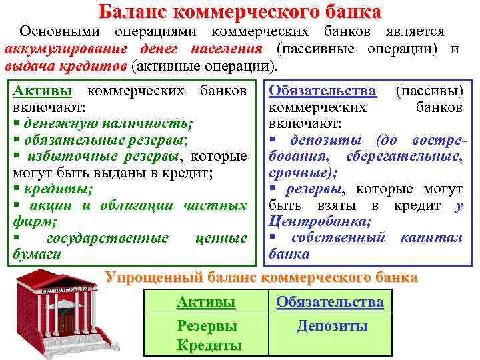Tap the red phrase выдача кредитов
[x=65, y=66]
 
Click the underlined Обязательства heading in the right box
[x=322, y=90]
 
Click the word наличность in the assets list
[x=155, y=123]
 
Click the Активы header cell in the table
[x=206, y=302]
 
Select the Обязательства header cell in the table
[x=330, y=302]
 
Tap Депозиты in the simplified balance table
[x=331, y=326]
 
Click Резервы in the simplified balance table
[x=207, y=326]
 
